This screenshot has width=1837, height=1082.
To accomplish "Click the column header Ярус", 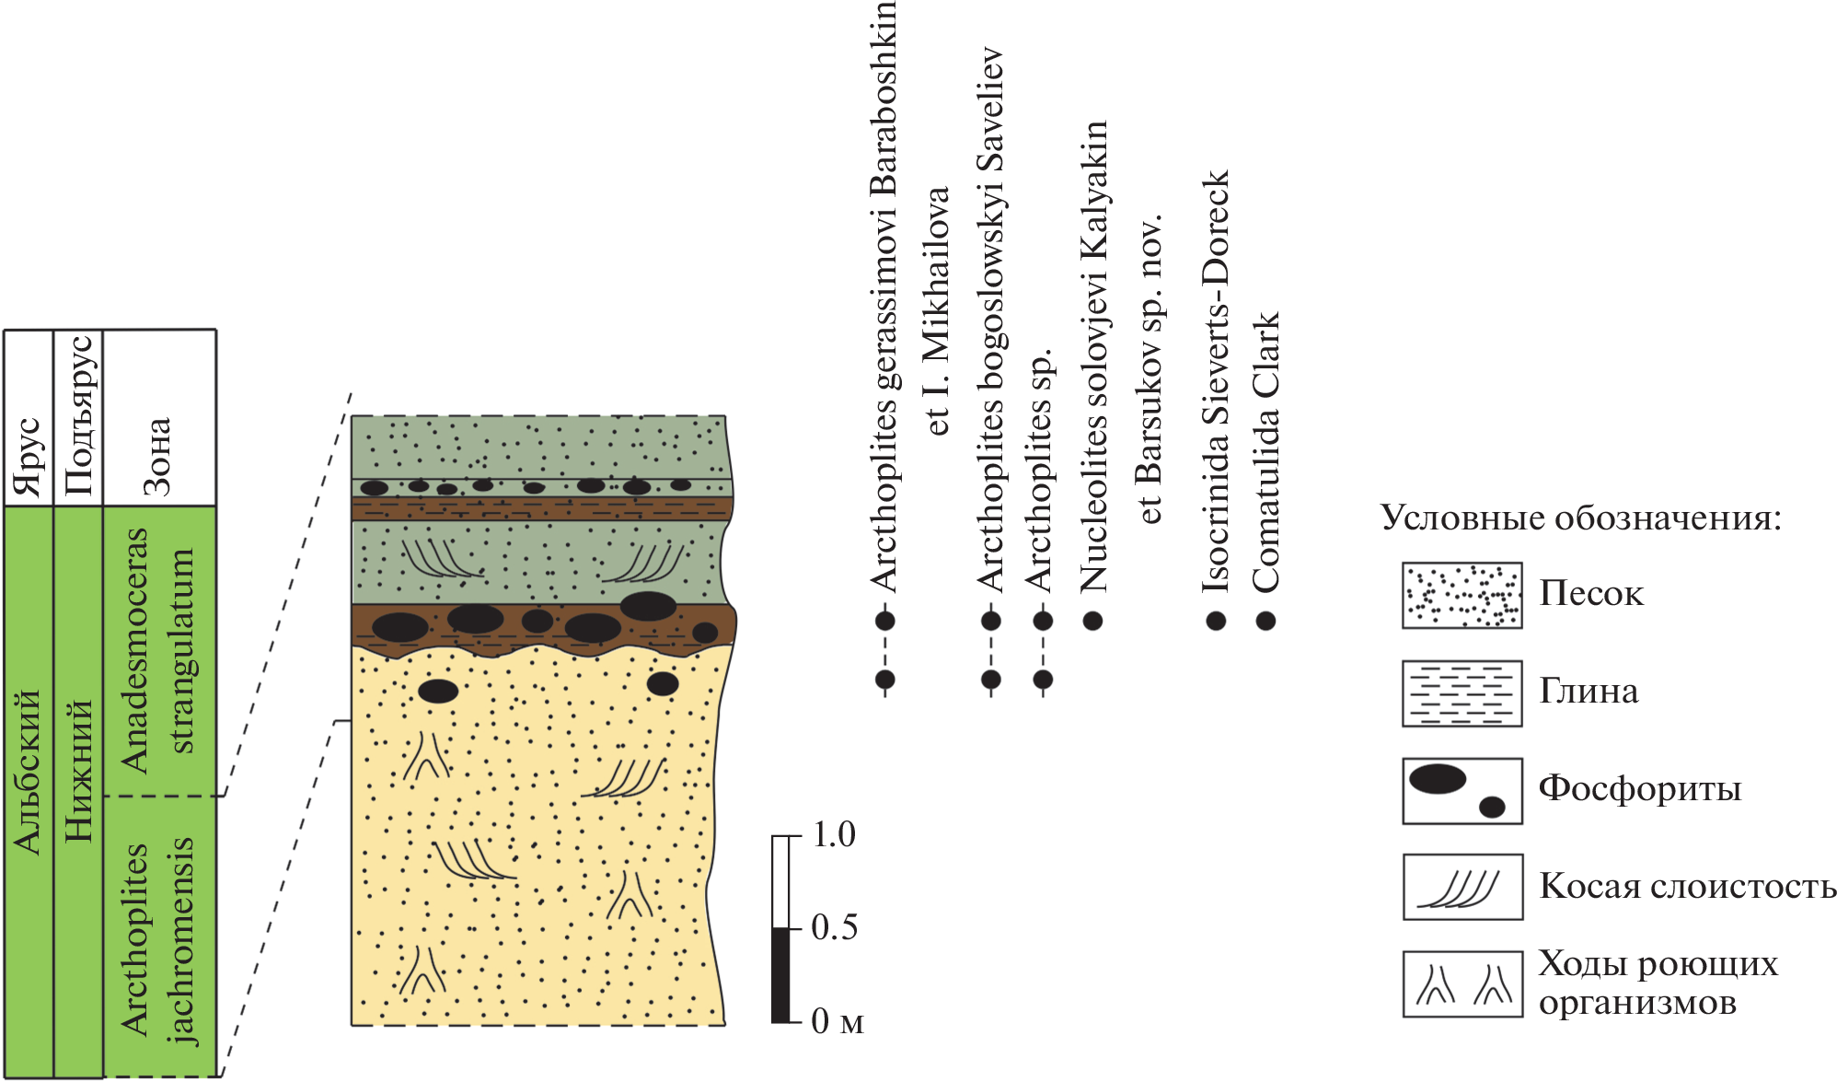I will tap(29, 457).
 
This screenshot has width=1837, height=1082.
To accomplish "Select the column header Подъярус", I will tap(78, 416).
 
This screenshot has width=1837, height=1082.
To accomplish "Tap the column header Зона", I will tap(158, 457).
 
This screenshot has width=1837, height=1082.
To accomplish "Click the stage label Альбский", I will tap(29, 772).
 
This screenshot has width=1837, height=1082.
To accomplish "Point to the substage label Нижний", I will tap(78, 772).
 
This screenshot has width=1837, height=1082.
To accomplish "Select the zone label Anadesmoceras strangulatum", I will tap(158, 650).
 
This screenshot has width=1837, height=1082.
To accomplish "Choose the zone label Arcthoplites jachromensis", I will tap(158, 939).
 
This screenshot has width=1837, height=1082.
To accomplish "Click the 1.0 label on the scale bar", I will tap(834, 835).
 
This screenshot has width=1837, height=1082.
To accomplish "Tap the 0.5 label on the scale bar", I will tap(834, 927).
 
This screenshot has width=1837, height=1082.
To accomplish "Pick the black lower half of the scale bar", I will tap(781, 974).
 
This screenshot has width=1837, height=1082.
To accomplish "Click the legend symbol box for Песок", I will tap(1462, 596).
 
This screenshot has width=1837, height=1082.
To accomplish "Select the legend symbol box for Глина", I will tap(1462, 693).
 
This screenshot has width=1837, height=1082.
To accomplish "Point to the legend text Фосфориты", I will tap(1640, 789).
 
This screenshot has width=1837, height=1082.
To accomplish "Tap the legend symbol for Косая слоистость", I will tap(1462, 887).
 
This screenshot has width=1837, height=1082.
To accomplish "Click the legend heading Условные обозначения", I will tap(1581, 518).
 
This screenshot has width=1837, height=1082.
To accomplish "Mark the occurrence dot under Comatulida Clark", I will tap(1266, 621).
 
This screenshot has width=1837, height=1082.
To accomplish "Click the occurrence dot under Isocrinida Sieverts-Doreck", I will tap(1216, 621).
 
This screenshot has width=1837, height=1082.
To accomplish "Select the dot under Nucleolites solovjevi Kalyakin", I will tap(1092, 621).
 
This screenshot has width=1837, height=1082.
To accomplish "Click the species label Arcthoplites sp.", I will tap(1040, 470).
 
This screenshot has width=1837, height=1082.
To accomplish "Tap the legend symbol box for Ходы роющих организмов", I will tap(1462, 984).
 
